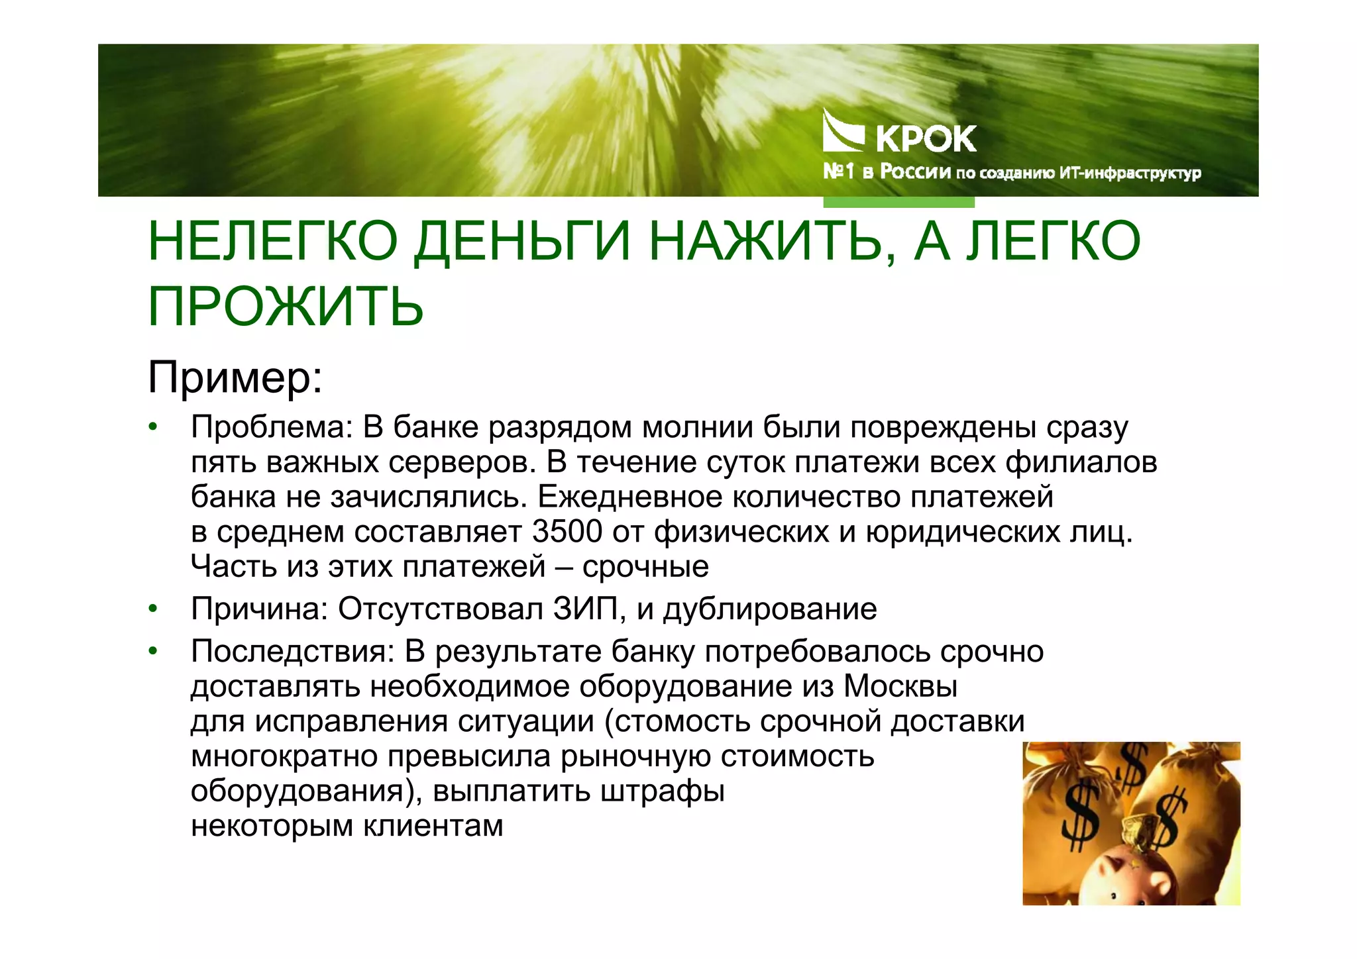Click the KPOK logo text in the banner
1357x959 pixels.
coord(926,139)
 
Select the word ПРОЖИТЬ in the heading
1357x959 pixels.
coord(286,307)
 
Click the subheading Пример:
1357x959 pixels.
coord(235,377)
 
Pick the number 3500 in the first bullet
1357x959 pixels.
coord(567,532)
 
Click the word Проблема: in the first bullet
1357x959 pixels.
coord(272,427)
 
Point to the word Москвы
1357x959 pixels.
coord(900,687)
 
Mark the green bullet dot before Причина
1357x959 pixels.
coord(153,609)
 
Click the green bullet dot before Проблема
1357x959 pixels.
coord(153,427)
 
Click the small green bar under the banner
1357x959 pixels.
coord(898,202)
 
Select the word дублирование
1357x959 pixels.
coord(770,609)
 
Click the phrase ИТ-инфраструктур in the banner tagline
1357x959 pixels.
coord(1130,174)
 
